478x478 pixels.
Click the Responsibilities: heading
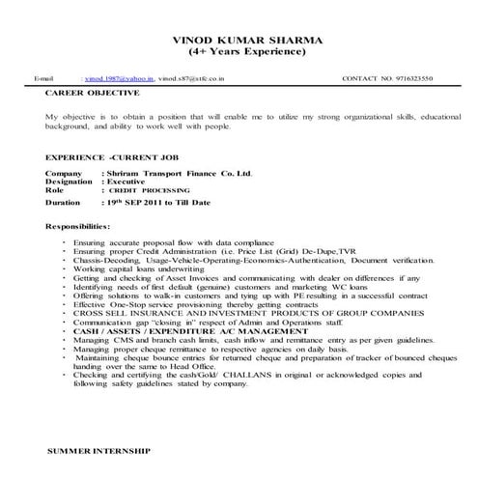point(84,225)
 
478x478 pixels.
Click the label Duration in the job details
point(63,204)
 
